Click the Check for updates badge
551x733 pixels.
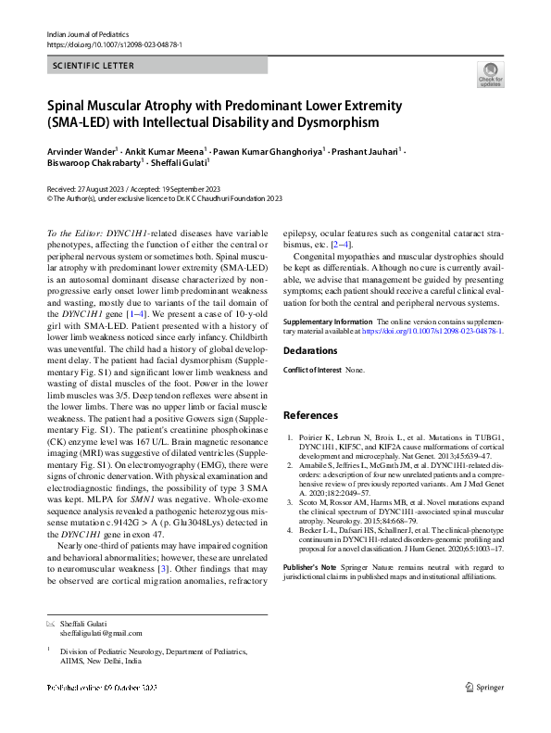[490, 74]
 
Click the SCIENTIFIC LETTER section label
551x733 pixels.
[94, 66]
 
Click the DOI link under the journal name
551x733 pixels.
[114, 44]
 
